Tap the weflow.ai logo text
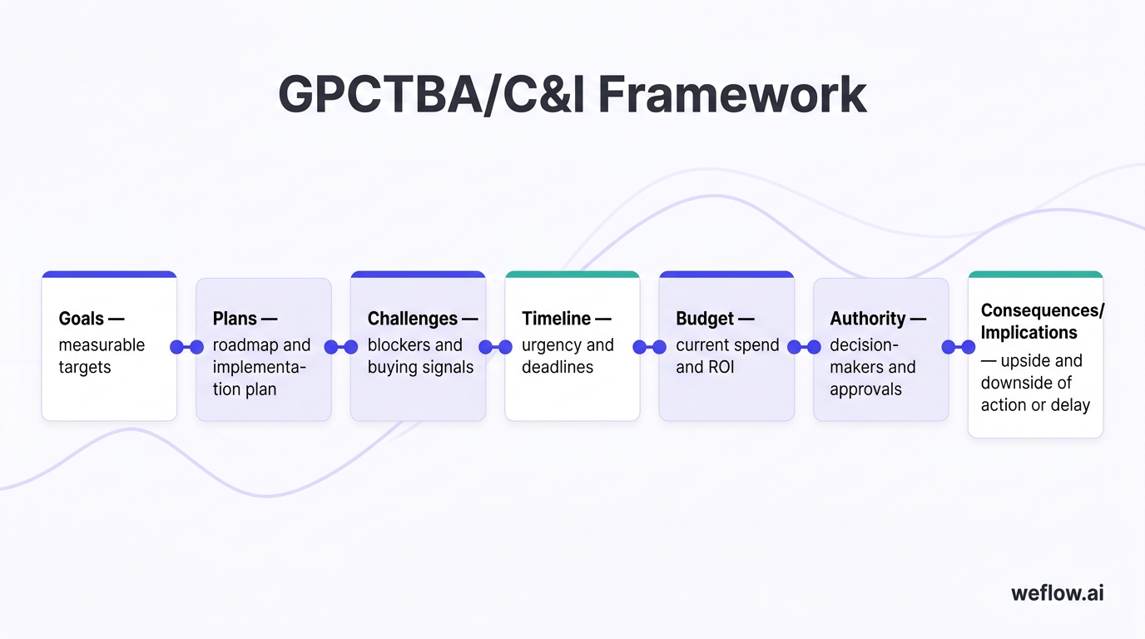tap(1058, 592)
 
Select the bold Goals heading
tap(82, 319)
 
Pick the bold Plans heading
tap(235, 319)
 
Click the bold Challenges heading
tap(413, 319)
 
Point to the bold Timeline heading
tap(556, 319)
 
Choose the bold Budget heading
tap(705, 319)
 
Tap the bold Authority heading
tap(868, 319)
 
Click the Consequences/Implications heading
tap(1042, 321)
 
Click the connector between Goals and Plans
tap(186, 347)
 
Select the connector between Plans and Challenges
tap(341, 347)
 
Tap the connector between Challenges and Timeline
tap(495, 347)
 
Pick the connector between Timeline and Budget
tap(649, 347)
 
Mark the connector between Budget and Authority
tap(804, 347)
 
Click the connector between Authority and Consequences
tap(958, 347)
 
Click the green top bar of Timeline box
tap(572, 275)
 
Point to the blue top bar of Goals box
tap(109, 275)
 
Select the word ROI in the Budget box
tap(720, 367)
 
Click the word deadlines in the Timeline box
tap(557, 367)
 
